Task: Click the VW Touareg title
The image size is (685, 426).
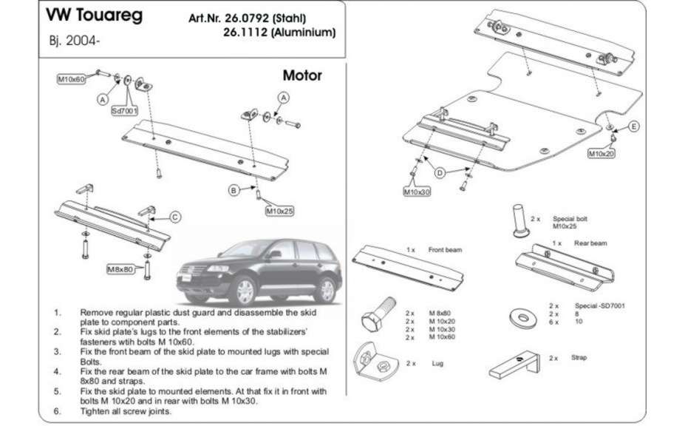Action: point(91,16)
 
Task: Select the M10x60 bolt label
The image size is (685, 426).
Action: point(72,78)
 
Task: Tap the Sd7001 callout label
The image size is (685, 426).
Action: point(125,111)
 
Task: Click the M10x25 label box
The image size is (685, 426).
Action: point(280,210)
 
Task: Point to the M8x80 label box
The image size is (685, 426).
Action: point(119,269)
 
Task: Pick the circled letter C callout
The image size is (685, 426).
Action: point(175,217)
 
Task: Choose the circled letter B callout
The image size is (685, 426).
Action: point(234,191)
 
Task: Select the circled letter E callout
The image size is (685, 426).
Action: point(633,128)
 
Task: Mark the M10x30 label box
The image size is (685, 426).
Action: point(417,192)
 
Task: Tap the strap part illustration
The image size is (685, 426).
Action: point(514,363)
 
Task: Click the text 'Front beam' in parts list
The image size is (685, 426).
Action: point(445,250)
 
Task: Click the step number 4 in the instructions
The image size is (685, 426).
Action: point(57,368)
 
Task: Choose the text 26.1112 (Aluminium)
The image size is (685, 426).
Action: point(279,32)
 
